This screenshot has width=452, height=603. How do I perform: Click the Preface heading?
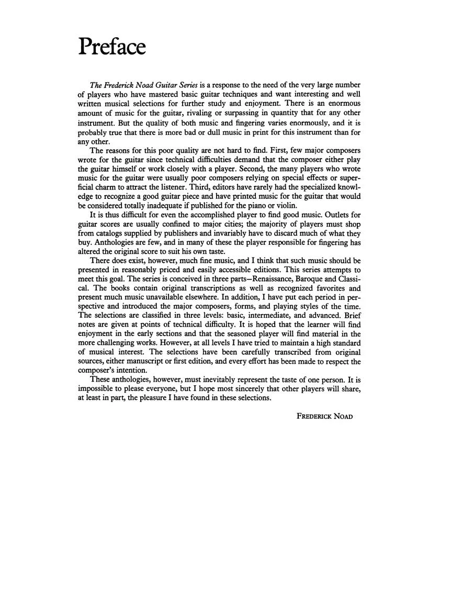click(x=112, y=47)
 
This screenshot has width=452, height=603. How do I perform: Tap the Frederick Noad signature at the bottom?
click(x=324, y=416)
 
